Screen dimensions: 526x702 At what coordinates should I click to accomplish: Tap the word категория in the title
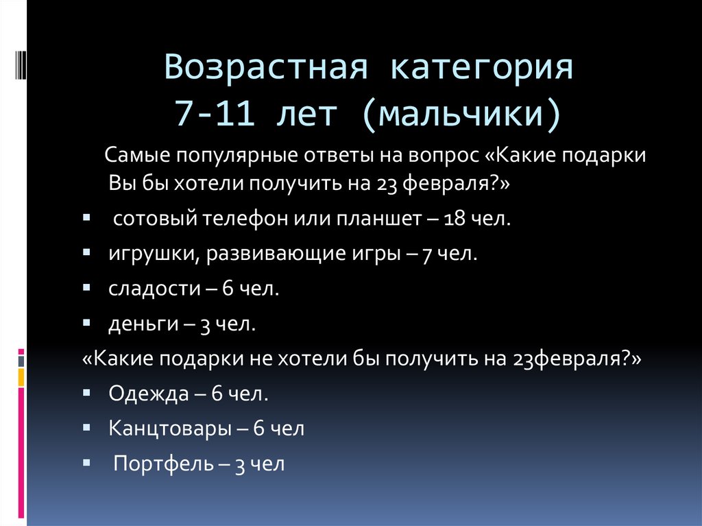[482, 71]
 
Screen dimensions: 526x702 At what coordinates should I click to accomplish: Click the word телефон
[239, 219]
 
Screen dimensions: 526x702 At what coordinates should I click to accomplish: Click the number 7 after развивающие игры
[426, 254]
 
